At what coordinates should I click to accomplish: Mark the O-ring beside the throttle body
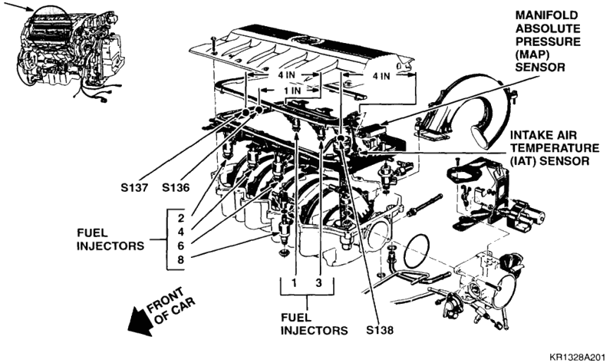point(421,245)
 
